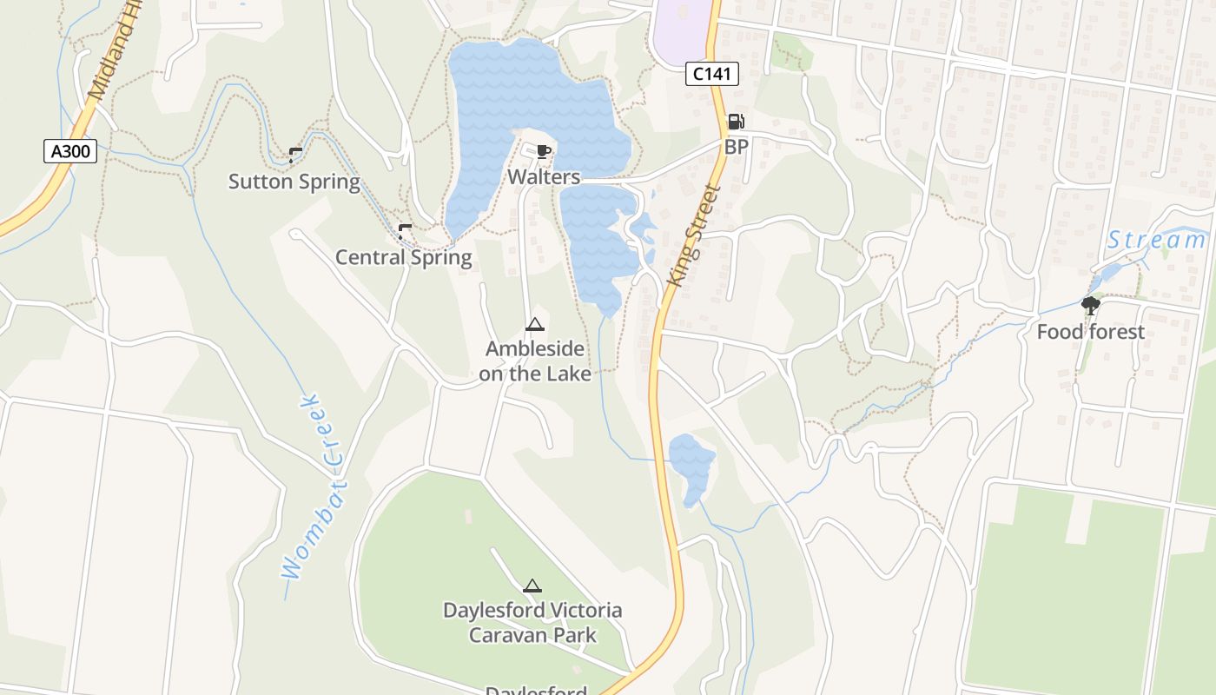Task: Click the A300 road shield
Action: pos(70,151)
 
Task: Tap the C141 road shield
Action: pos(712,74)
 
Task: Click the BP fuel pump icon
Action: pos(736,122)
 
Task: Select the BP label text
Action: pos(736,147)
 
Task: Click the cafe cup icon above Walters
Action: pos(544,153)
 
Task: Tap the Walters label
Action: pos(544,177)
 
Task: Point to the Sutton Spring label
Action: pos(294,182)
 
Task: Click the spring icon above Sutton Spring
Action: pos(295,156)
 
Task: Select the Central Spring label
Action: pos(404,257)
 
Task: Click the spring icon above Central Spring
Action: pos(405,231)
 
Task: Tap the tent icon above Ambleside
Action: pos(534,325)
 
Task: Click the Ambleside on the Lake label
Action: pos(535,361)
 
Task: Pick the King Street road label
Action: pos(695,236)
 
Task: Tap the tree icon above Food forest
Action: pos(1090,306)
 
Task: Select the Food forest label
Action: pos(1091,332)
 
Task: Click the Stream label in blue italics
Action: pos(1157,240)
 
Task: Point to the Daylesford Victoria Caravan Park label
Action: pos(532,622)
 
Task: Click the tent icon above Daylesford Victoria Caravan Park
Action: pos(532,586)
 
